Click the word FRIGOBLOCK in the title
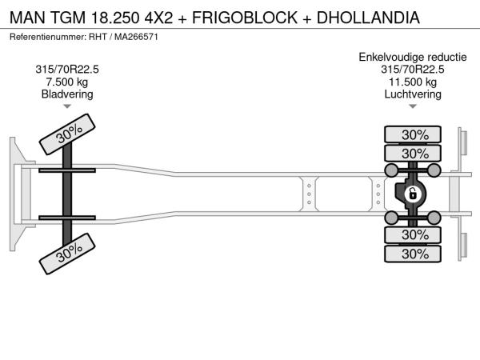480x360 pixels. tap(245, 18)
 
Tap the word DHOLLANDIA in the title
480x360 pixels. tap(368, 18)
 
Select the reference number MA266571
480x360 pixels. tap(136, 37)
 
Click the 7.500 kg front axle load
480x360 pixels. tap(67, 82)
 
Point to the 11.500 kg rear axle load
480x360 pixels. tap(413, 82)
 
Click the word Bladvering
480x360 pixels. tap(67, 94)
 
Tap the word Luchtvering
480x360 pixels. tap(413, 94)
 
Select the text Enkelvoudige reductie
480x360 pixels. tap(413, 58)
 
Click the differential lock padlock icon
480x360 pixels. tap(412, 194)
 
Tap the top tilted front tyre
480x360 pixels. tap(67, 134)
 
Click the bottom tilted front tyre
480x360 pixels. tap(67, 254)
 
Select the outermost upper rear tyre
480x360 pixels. tap(413, 134)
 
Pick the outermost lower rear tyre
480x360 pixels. tap(413, 254)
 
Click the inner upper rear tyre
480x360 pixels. tap(413, 153)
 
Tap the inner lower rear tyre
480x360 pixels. tap(413, 234)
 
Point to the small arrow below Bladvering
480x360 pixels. tap(67, 106)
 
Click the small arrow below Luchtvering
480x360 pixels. tap(413, 106)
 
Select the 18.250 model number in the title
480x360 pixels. tap(115, 18)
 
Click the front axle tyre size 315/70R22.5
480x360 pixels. tap(67, 70)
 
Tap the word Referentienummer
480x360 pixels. tap(48, 37)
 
